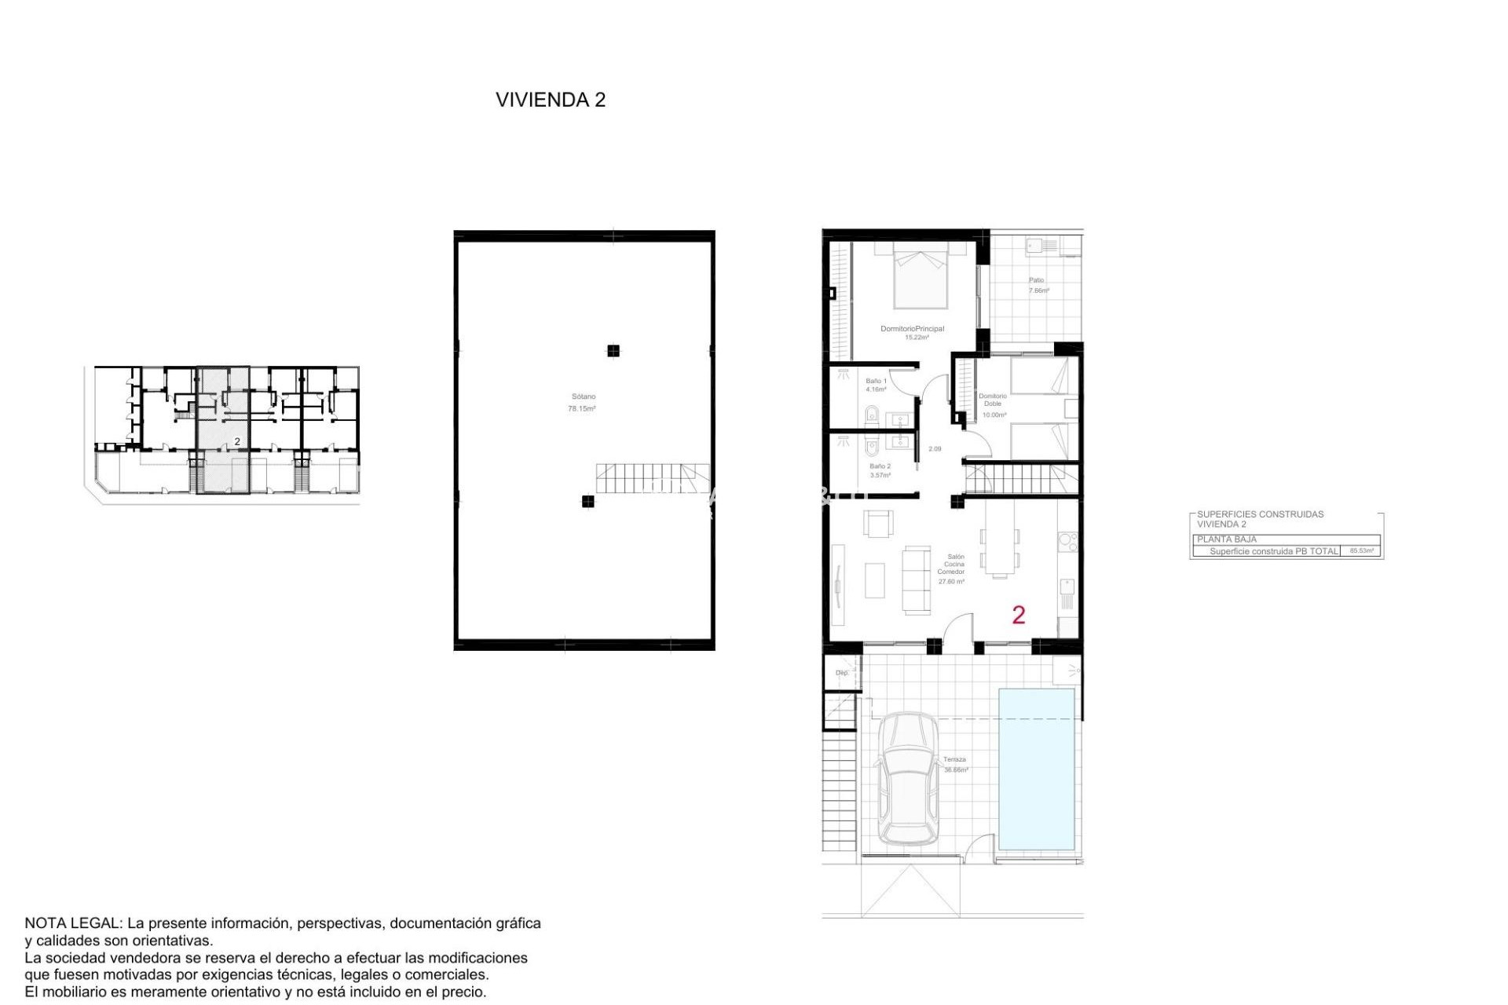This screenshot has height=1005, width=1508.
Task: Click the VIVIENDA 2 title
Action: click(x=550, y=100)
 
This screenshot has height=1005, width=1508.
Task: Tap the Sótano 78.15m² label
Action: click(x=583, y=403)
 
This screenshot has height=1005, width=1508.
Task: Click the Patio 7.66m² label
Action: click(x=1038, y=285)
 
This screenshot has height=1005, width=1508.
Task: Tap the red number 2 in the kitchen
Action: click(x=1019, y=615)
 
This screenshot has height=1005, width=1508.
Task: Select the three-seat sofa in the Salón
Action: click(x=916, y=579)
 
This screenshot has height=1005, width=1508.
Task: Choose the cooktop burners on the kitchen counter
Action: click(x=1067, y=540)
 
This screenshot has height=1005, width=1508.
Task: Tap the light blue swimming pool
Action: click(x=1037, y=769)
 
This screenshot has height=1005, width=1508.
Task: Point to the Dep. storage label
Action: click(x=842, y=673)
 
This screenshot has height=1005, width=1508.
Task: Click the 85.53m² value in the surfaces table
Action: click(x=1362, y=551)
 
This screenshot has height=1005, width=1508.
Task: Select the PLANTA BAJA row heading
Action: click(x=1227, y=539)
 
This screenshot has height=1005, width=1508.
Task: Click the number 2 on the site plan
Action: click(x=237, y=442)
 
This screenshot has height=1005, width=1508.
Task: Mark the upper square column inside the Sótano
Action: click(x=613, y=351)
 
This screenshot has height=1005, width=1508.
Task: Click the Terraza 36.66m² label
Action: click(x=955, y=765)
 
